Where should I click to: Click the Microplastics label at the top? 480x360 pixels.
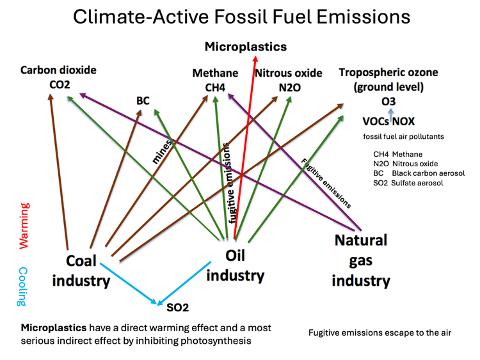point(246,47)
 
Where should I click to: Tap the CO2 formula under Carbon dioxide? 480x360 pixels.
point(60,84)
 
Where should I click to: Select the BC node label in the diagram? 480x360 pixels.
point(143,100)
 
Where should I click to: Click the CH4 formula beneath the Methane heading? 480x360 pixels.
point(215,88)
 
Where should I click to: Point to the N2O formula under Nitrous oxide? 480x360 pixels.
point(289,88)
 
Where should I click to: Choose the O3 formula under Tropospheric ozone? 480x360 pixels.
point(388,101)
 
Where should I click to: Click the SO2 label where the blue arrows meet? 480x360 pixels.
point(177,308)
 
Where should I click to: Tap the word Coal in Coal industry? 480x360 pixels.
point(81,261)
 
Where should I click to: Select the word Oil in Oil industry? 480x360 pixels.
point(235,255)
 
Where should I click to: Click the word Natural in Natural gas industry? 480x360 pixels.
point(361,240)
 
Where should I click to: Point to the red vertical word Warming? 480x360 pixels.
point(24,226)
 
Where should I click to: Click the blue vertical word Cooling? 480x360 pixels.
point(23,286)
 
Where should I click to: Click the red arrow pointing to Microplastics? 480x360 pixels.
point(245,148)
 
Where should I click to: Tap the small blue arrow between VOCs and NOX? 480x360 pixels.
point(390,116)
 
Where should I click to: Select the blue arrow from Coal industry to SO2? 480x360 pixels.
point(129,283)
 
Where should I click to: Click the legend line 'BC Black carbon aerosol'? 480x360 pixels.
point(419,173)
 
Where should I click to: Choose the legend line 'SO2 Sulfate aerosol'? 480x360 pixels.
point(408,184)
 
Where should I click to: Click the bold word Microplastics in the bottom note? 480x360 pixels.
point(54,328)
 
